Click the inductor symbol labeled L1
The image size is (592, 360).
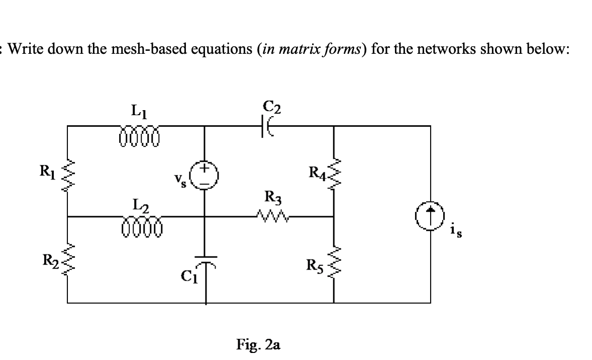click(139, 137)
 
